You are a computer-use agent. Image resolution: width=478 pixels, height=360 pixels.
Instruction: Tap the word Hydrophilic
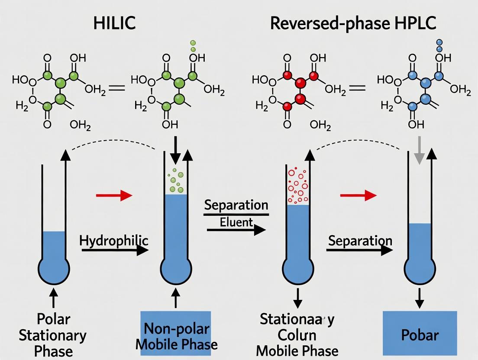click(x=113, y=241)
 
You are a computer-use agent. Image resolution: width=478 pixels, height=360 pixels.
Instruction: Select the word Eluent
click(x=236, y=222)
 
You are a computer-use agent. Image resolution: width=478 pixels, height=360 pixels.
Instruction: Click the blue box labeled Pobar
click(x=420, y=334)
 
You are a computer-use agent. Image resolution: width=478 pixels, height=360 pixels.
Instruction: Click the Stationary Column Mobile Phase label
click(x=297, y=334)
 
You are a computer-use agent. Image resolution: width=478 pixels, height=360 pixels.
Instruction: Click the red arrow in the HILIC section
click(x=114, y=196)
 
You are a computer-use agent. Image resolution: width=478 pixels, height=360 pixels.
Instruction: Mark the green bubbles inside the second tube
click(x=175, y=182)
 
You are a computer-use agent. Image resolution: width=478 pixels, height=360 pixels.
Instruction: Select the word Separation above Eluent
click(x=236, y=205)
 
